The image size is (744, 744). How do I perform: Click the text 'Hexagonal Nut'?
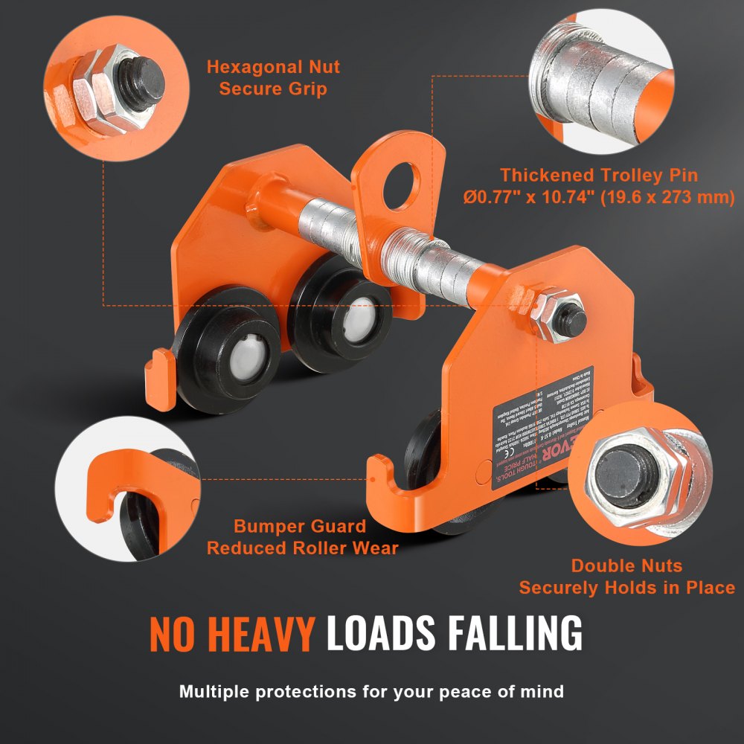click(x=273, y=67)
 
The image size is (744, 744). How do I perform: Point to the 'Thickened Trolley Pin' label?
click(x=599, y=176)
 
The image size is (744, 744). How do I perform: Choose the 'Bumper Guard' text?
click(x=300, y=527)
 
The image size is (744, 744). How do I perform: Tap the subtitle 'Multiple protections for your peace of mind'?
click(x=371, y=692)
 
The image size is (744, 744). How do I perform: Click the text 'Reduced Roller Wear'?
click(x=302, y=548)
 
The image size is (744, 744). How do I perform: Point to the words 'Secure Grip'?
click(x=273, y=89)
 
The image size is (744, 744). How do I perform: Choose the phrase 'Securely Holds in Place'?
click(x=626, y=588)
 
